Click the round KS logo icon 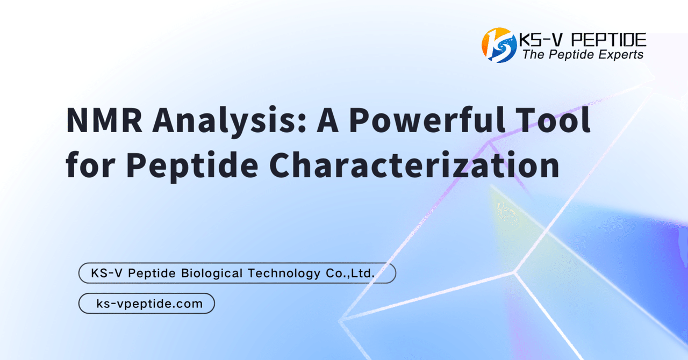coord(499,45)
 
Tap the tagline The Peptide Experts coord(583,55)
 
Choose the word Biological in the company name coord(211,273)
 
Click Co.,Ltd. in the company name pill coord(350,273)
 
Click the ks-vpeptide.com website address coord(149,304)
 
